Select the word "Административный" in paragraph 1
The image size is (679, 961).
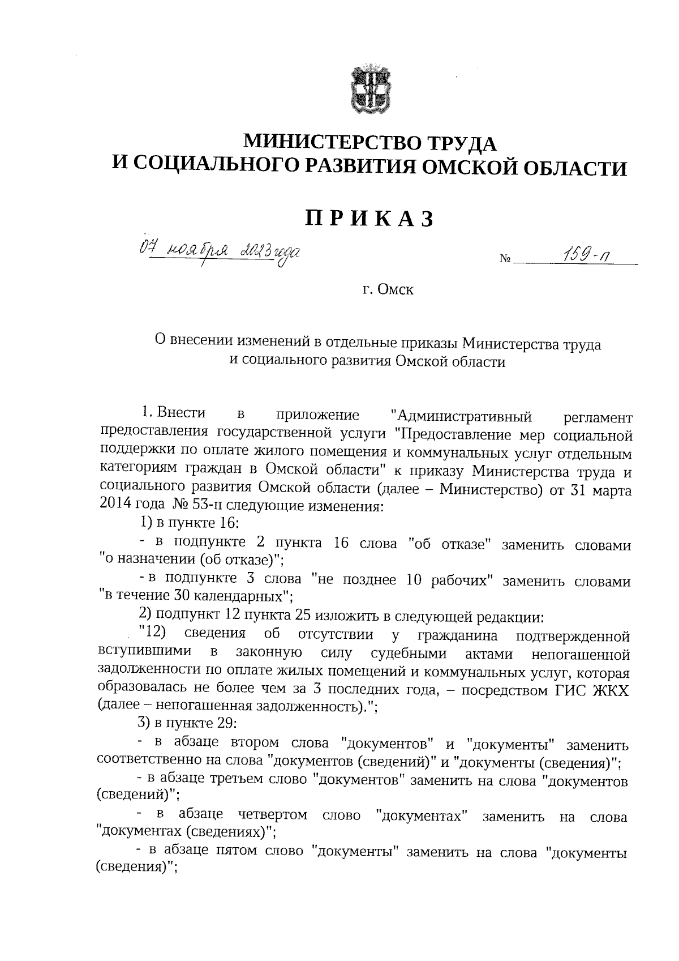(462, 416)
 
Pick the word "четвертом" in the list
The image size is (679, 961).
(273, 816)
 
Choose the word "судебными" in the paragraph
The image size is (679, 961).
(409, 654)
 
